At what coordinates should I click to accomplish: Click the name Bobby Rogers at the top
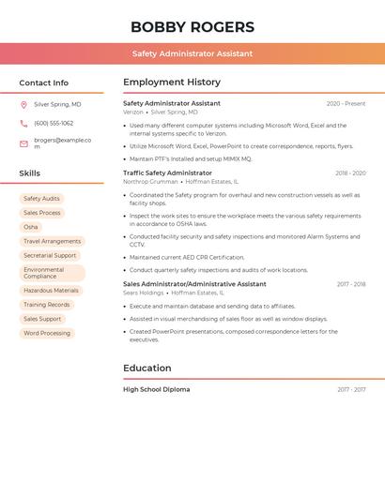pyautogui.click(x=192, y=27)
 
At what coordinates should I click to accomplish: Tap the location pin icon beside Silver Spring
pyautogui.click(x=23, y=105)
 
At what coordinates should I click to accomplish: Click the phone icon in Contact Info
pyautogui.click(x=23, y=123)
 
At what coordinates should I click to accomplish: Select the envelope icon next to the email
pyautogui.click(x=23, y=143)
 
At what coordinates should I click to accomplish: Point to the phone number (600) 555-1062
pyautogui.click(x=54, y=123)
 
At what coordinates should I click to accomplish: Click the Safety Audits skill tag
pyautogui.click(x=41, y=199)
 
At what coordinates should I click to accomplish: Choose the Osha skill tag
pyautogui.click(x=31, y=227)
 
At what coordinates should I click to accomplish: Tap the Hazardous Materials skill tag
pyautogui.click(x=52, y=291)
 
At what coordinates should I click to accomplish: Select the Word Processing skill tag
pyautogui.click(x=47, y=333)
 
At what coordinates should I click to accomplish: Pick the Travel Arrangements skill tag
pyautogui.click(x=53, y=241)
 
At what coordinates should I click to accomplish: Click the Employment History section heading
pyautogui.click(x=172, y=83)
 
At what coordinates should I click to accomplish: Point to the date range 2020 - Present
pyautogui.click(x=346, y=103)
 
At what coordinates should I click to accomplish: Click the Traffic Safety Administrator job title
pyautogui.click(x=167, y=173)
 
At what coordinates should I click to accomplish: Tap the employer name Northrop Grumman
pyautogui.click(x=150, y=182)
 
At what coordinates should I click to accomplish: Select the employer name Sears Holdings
pyautogui.click(x=143, y=293)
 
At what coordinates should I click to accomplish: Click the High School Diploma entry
pyautogui.click(x=156, y=389)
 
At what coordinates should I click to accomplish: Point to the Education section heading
pyautogui.click(x=147, y=369)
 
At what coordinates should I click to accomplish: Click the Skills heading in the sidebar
pyautogui.click(x=30, y=173)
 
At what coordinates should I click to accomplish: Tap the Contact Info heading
pyautogui.click(x=44, y=83)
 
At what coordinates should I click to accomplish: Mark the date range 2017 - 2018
pyautogui.click(x=351, y=284)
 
